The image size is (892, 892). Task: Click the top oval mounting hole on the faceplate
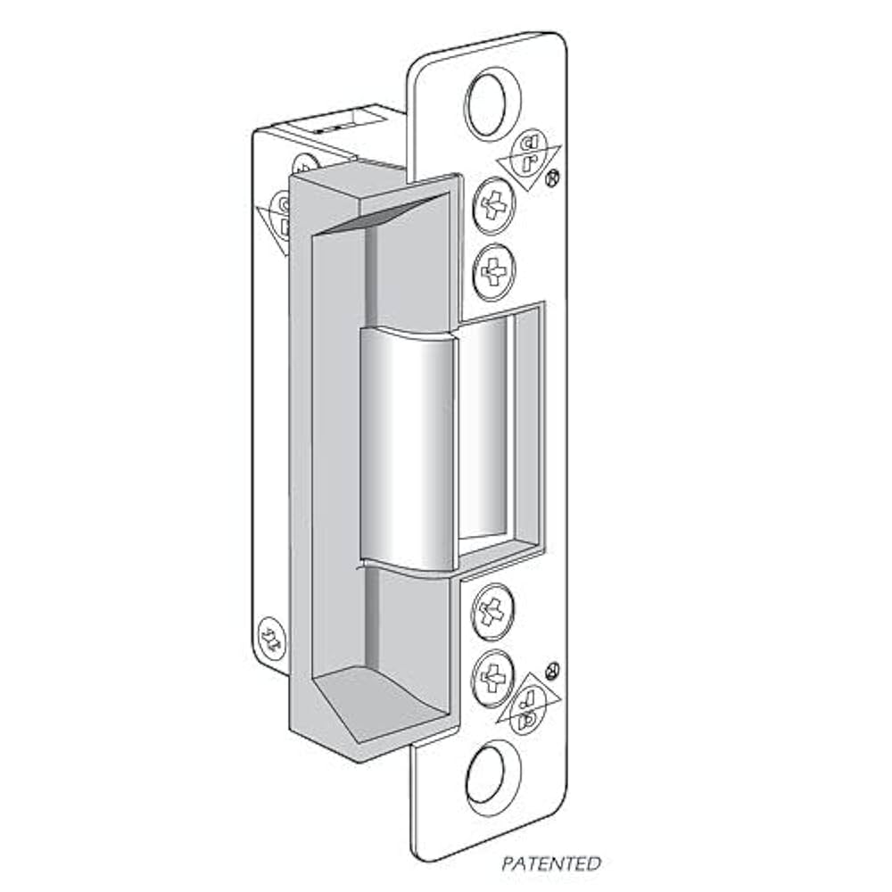pyautogui.click(x=493, y=105)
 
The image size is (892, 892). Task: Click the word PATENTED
pyautogui.click(x=550, y=864)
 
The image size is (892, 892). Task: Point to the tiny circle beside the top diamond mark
pyautogui.click(x=552, y=178)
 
